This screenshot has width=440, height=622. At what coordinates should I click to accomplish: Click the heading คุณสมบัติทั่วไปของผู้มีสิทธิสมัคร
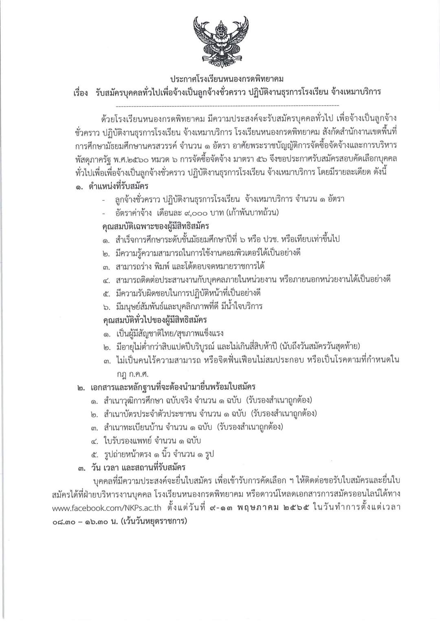(x=155, y=319)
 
